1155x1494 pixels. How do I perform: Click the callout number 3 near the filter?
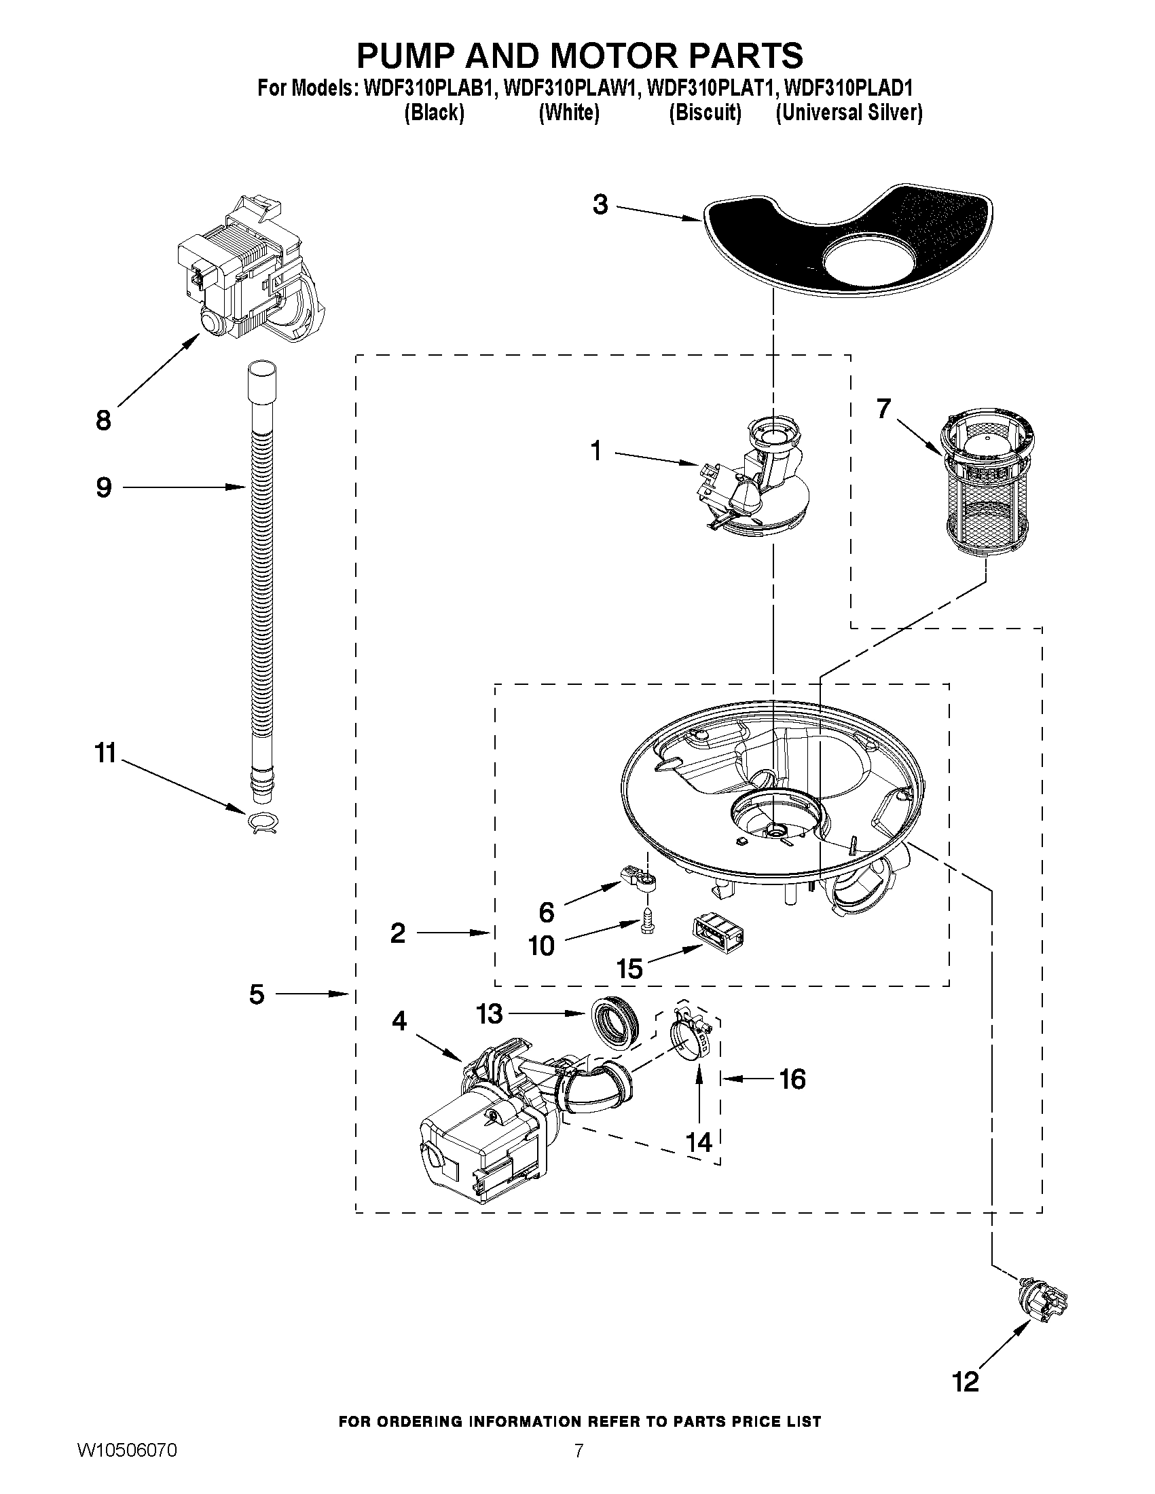(x=600, y=204)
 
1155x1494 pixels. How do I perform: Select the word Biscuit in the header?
(x=705, y=112)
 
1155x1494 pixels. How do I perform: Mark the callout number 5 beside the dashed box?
(x=257, y=994)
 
